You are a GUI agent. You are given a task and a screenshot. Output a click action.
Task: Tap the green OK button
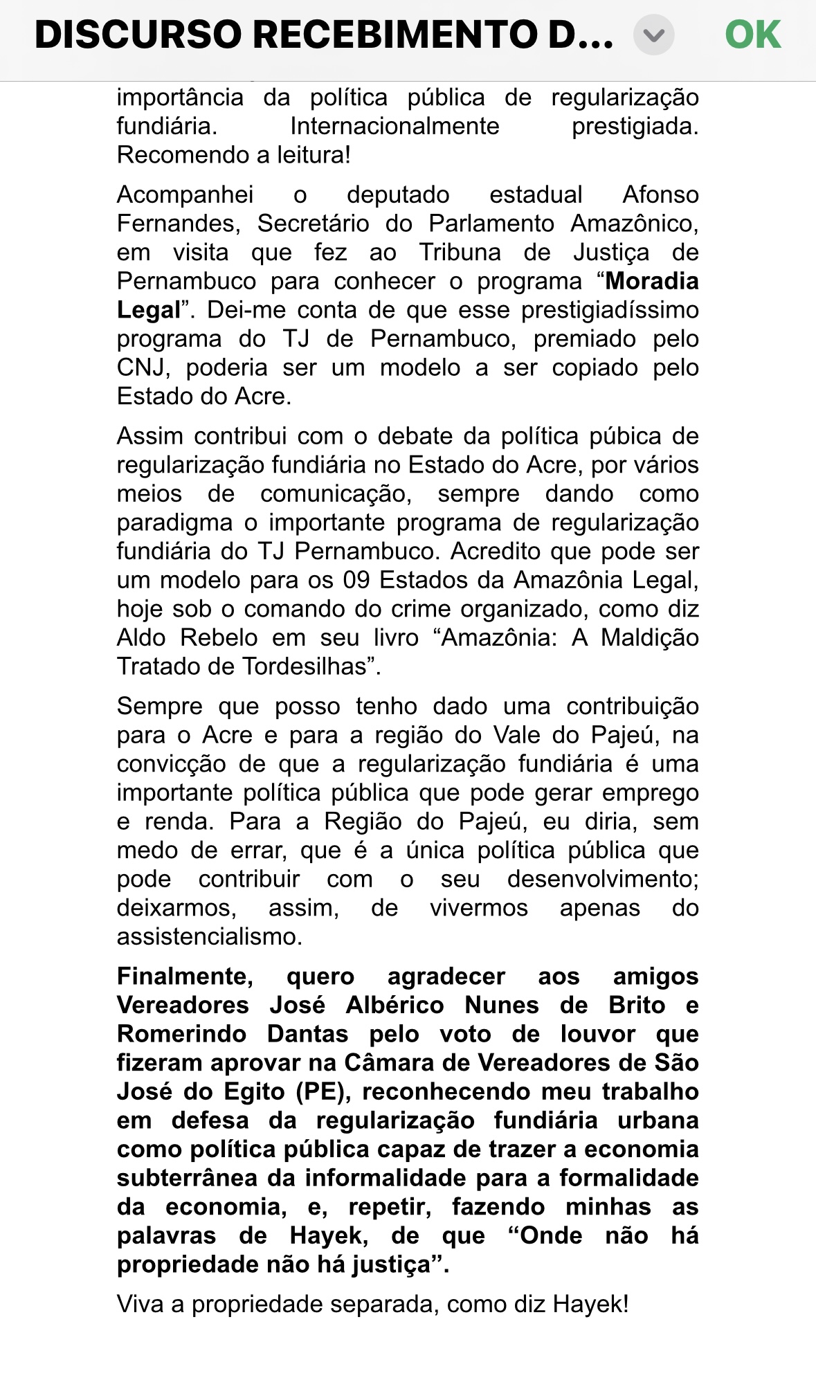tap(752, 35)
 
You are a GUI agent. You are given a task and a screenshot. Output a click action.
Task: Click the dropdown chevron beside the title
tap(653, 35)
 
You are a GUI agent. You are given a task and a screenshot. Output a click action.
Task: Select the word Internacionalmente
tap(395, 126)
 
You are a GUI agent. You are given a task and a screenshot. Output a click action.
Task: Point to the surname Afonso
tap(660, 194)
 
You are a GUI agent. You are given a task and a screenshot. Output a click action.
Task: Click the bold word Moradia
tap(652, 281)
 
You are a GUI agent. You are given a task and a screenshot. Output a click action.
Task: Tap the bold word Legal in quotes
tap(149, 310)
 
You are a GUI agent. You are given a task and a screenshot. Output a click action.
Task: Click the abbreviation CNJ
tap(141, 367)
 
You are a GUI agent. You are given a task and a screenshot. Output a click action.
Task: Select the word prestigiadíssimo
tap(610, 310)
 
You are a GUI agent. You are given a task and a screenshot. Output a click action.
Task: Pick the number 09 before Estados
tap(356, 580)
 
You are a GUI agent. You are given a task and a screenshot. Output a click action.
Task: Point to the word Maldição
tap(649, 637)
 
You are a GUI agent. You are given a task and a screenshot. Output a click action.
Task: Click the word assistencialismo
tap(210, 936)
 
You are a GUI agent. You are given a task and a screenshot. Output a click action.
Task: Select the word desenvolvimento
tap(602, 879)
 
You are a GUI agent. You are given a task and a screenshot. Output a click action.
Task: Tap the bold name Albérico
tap(395, 1005)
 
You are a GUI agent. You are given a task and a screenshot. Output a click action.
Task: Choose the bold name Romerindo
tap(181, 1034)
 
